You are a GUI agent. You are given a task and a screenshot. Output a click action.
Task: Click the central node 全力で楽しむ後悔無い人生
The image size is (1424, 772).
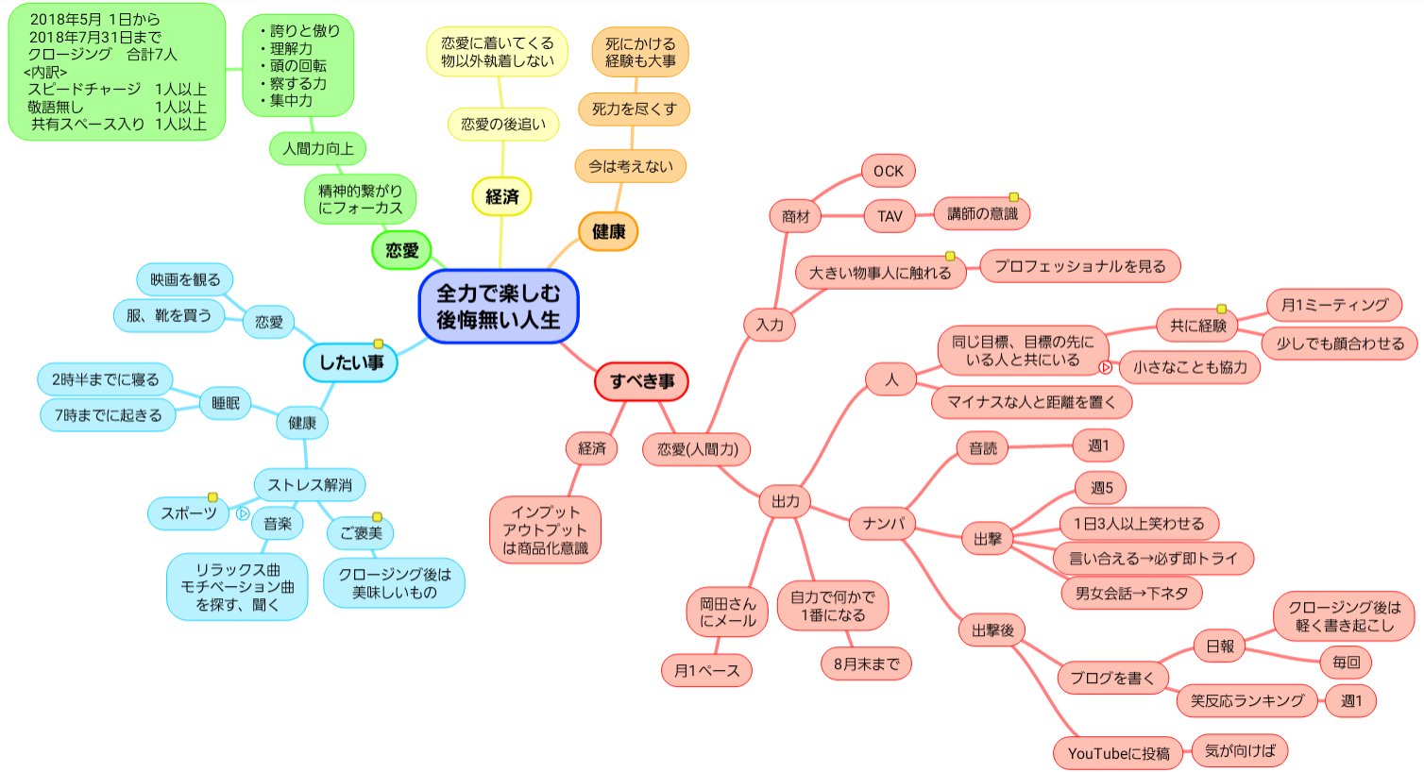pyautogui.click(x=498, y=307)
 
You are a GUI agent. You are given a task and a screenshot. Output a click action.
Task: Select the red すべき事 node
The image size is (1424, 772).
pyautogui.click(x=641, y=381)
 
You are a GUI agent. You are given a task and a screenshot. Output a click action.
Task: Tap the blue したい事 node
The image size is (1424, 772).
pyautogui.click(x=350, y=362)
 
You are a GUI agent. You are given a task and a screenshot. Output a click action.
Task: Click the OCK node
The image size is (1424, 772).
pyautogui.click(x=888, y=171)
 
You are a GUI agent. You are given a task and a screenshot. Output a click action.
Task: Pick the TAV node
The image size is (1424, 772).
pyautogui.click(x=890, y=216)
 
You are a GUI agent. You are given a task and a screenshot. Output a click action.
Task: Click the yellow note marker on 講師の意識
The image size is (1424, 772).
pyautogui.click(x=1013, y=197)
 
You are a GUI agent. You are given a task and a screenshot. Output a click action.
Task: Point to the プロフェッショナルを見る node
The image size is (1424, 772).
pyautogui.click(x=1079, y=266)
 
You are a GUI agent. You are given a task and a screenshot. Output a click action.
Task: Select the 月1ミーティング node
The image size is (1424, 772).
pyautogui.click(x=1333, y=305)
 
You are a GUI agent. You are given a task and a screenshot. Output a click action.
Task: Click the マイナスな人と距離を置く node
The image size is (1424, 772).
pyautogui.click(x=1031, y=402)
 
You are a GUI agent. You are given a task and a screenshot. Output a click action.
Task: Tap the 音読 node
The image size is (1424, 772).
pyautogui.click(x=982, y=448)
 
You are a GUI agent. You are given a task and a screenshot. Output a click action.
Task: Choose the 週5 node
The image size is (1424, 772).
pyautogui.click(x=1101, y=488)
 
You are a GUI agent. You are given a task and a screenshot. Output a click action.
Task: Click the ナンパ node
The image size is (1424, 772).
pyautogui.click(x=883, y=524)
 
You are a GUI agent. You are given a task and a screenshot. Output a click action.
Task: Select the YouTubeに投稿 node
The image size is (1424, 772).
pyautogui.click(x=1118, y=753)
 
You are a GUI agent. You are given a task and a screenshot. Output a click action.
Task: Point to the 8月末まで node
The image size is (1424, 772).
pyautogui.click(x=866, y=663)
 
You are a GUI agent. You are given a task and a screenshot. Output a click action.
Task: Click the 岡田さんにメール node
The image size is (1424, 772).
pyautogui.click(x=727, y=612)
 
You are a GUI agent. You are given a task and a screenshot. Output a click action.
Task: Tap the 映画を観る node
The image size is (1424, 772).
pyautogui.click(x=185, y=279)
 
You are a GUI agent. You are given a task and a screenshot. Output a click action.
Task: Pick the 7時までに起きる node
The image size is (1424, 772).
pyautogui.click(x=108, y=415)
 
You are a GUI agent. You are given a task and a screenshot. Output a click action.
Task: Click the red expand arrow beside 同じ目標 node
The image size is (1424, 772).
pyautogui.click(x=1105, y=368)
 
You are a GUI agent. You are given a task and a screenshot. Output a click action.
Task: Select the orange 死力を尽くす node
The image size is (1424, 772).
pyautogui.click(x=634, y=109)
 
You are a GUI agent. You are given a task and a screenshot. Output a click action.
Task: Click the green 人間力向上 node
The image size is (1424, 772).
pyautogui.click(x=318, y=148)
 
